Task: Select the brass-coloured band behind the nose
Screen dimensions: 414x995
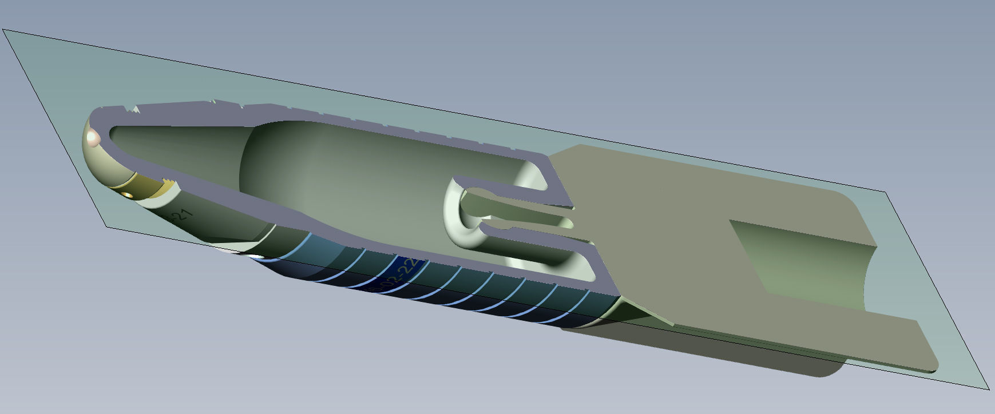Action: coord(143,184)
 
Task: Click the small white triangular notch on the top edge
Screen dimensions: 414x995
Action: coord(136,109)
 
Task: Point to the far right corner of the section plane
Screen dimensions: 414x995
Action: coord(989,389)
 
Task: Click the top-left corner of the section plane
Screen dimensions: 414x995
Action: coord(3,30)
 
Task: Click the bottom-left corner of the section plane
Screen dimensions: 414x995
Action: coord(107,227)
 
